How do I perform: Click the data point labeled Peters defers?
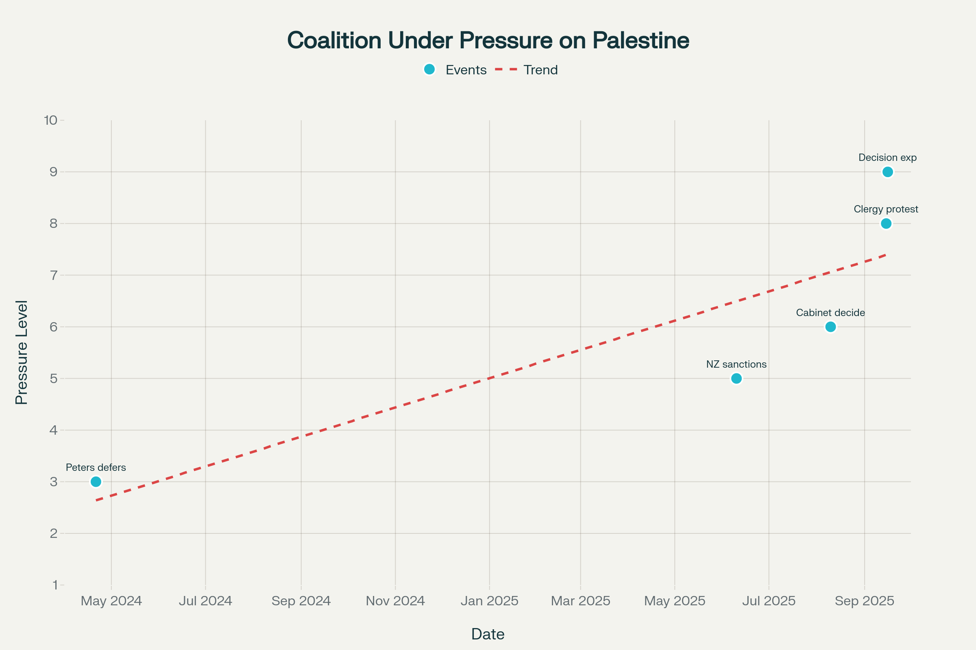96,482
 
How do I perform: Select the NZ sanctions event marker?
736,379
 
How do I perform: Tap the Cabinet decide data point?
830,327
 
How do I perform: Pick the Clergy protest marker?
886,223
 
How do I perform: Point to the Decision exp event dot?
888,171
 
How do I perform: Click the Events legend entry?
455,69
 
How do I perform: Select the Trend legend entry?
527,69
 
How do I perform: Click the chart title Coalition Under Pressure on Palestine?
488,40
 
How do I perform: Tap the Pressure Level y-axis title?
22,352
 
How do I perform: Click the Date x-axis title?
488,634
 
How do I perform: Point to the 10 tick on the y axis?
50,120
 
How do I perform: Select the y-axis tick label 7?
54,275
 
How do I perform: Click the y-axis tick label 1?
55,585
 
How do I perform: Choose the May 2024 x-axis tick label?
111,601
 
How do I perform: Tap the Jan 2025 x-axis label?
489,601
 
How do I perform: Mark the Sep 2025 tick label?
865,601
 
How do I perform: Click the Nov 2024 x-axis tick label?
395,601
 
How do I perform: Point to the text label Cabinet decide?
830,312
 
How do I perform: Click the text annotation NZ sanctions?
736,364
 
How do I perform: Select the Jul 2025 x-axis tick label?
769,601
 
